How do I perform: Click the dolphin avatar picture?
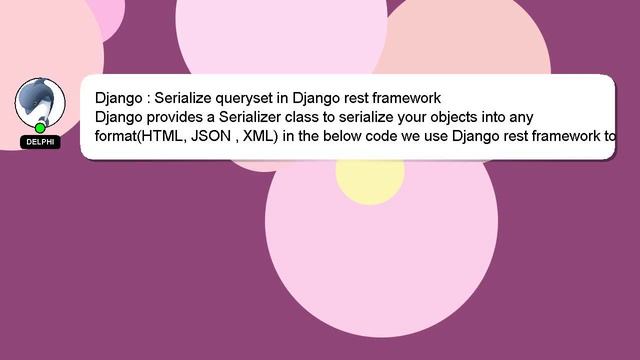pos(40,101)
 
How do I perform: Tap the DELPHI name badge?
pos(40,142)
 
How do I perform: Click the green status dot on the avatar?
pos(40,128)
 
